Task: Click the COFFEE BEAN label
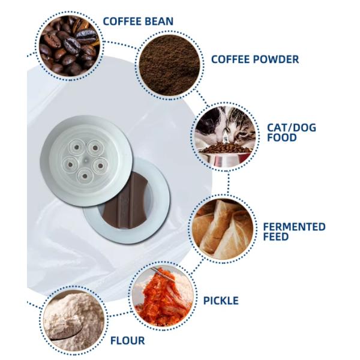(x=138, y=22)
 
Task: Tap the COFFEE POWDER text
(x=255, y=59)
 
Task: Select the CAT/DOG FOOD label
(x=292, y=133)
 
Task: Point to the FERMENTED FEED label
(x=294, y=232)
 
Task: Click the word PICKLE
(x=221, y=301)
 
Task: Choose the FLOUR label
(x=128, y=340)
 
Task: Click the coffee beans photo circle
(x=69, y=46)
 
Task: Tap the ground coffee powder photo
(x=169, y=65)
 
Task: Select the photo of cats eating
(x=225, y=137)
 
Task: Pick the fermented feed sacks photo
(x=223, y=229)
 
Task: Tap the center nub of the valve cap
(x=85, y=161)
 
